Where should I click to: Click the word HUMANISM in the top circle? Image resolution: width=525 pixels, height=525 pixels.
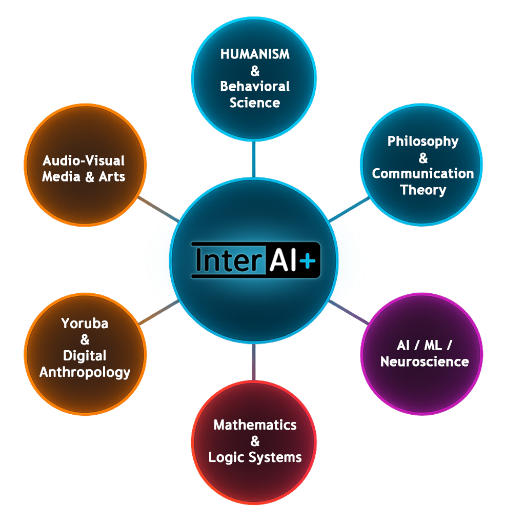click(x=255, y=54)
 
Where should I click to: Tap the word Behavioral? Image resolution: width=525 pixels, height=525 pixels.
click(x=255, y=86)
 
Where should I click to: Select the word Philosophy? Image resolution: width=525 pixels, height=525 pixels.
click(x=423, y=141)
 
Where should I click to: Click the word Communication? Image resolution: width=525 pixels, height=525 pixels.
click(x=423, y=173)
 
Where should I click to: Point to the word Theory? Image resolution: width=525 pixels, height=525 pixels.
click(x=423, y=190)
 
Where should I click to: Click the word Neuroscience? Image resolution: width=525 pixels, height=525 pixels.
click(x=425, y=361)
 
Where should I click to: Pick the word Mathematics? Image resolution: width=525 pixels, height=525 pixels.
click(x=255, y=425)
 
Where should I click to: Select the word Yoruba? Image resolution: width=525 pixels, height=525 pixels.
click(x=85, y=324)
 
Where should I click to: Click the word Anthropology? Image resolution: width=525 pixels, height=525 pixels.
click(x=85, y=372)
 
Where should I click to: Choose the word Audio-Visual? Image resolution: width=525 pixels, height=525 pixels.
click(x=84, y=160)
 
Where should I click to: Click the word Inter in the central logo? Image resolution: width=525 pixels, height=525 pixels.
click(x=225, y=260)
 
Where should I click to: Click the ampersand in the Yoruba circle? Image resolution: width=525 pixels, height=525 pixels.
click(x=85, y=339)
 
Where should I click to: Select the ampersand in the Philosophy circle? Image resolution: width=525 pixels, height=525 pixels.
click(x=423, y=157)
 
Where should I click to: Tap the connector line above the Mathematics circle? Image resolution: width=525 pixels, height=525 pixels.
click(x=253, y=361)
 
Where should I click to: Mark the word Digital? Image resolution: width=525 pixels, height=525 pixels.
click(x=85, y=355)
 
